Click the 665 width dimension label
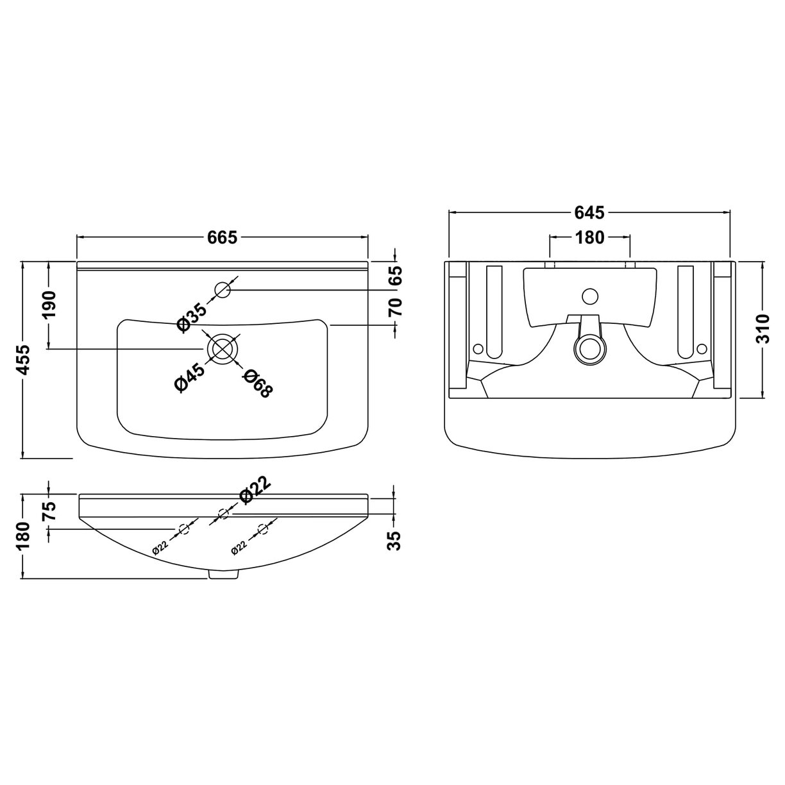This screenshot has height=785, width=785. (x=223, y=237)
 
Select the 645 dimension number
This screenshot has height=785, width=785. (x=590, y=212)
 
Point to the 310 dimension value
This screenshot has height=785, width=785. (x=762, y=330)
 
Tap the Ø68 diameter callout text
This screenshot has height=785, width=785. (x=255, y=384)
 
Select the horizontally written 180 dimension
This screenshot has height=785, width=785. (x=589, y=237)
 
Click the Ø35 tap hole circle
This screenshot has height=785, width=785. (x=223, y=290)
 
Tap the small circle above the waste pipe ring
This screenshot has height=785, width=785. (x=589, y=296)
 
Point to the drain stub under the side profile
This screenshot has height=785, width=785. (x=223, y=576)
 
